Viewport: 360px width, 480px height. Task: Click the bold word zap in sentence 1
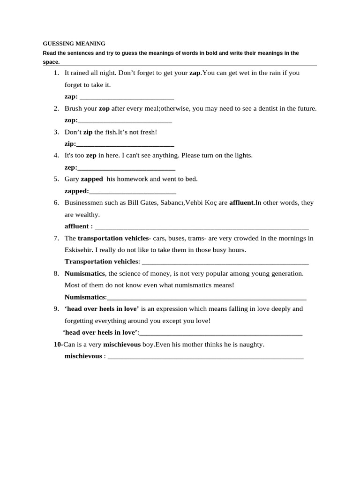click(195, 73)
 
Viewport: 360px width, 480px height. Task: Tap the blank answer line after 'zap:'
click(127, 97)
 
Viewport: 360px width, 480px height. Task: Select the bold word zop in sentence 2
click(104, 109)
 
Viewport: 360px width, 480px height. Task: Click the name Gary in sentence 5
click(72, 179)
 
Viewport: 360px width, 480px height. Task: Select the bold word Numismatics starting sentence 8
click(84, 273)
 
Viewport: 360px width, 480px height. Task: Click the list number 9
click(56, 309)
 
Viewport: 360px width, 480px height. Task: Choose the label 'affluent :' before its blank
click(78, 226)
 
